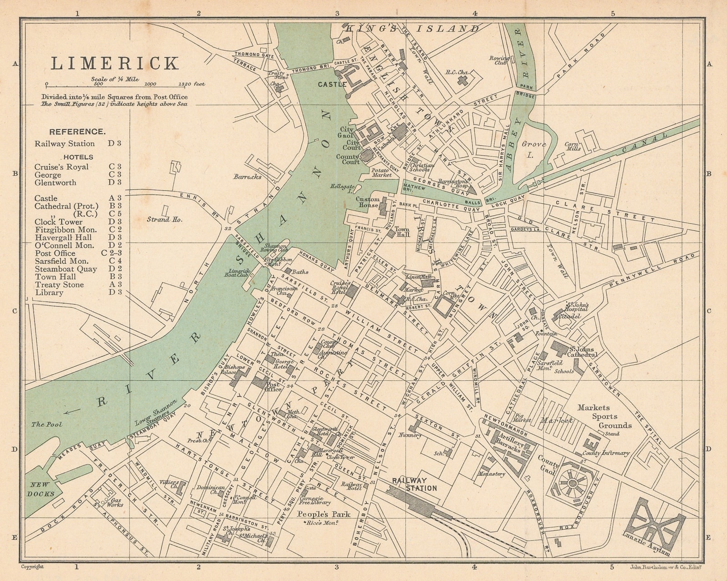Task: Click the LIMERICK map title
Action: tap(115, 64)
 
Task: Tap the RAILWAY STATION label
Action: tap(414, 484)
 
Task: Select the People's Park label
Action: tap(324, 514)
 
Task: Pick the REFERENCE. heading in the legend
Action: tap(77, 132)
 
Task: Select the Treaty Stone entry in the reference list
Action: tap(59, 285)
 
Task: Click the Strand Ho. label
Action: tap(164, 219)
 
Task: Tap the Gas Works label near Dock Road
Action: tap(115, 501)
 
